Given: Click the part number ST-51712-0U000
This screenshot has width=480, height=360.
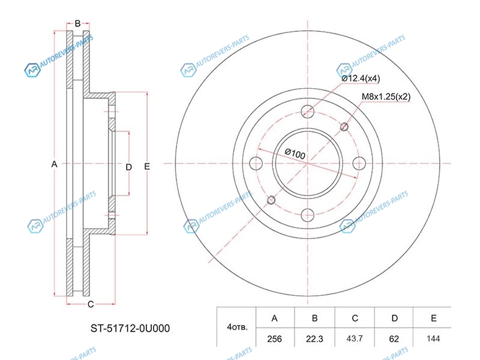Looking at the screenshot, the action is [130, 328].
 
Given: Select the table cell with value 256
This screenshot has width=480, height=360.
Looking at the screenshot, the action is [275, 338].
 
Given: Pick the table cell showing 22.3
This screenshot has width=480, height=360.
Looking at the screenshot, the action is [314, 338].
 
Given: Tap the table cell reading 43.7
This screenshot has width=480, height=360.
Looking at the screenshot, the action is [355, 338].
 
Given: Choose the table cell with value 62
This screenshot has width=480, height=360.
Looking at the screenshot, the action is [394, 338].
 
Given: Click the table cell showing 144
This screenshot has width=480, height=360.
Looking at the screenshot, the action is [433, 338].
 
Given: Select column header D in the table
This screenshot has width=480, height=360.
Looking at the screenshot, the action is [394, 318].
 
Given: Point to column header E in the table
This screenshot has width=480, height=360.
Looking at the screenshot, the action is [433, 318].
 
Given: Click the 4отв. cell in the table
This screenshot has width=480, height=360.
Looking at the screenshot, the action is [236, 327].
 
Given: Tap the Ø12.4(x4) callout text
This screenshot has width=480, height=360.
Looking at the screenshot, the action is [361, 79].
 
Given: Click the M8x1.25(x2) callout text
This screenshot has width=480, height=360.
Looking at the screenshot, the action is [386, 97].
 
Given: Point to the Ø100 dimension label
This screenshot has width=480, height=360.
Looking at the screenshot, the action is [295, 153].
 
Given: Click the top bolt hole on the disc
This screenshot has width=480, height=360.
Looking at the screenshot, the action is [307, 112].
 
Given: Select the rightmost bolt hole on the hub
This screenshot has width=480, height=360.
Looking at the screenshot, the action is [359, 163].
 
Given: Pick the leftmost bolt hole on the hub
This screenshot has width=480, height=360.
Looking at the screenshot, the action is [256, 163].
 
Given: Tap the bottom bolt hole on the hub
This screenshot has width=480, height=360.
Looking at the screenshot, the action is [307, 215].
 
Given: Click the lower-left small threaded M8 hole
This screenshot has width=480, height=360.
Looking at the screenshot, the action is [271, 200].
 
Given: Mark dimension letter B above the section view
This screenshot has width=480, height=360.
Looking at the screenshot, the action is [78, 23].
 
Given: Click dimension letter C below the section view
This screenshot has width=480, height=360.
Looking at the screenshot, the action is [91, 304].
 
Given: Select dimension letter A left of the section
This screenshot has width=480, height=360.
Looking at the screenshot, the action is [54, 164].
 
